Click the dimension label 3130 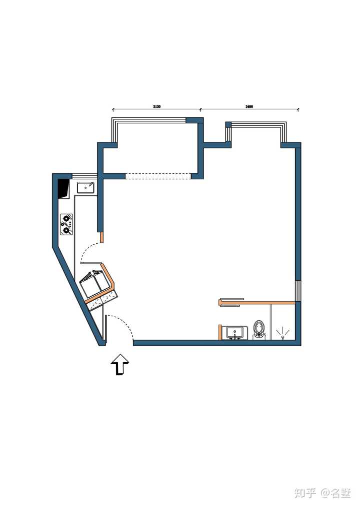[x=156, y=106]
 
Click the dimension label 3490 [x=249, y=106]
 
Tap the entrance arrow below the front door [x=120, y=365]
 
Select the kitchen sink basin [x=85, y=187]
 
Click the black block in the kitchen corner [x=63, y=189]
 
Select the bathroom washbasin [x=234, y=333]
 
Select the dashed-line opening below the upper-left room [x=158, y=176]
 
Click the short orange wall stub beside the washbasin [x=220, y=332]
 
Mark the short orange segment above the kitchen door [x=101, y=237]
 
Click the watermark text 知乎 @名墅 [x=322, y=493]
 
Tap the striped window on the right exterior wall [x=297, y=291]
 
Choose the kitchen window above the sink [x=84, y=176]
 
